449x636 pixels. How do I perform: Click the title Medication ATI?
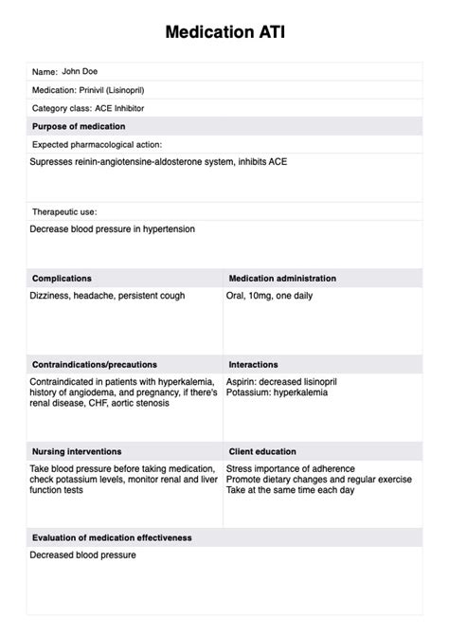224,32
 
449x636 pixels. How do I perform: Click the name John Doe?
80,71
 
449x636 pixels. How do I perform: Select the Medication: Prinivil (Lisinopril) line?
88,90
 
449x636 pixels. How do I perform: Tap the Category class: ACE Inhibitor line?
88,108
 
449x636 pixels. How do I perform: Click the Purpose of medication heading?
79,126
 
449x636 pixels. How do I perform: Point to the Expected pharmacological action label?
97,144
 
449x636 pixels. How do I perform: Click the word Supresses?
51,162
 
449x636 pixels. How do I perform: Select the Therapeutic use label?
64,211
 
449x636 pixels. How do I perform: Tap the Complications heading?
62,279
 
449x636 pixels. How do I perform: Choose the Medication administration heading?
282,279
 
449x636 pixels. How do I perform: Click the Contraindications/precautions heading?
95,364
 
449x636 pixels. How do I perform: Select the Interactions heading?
253,364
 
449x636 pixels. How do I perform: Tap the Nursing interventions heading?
77,451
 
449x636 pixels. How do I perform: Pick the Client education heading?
266,451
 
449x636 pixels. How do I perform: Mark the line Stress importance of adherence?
291,468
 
